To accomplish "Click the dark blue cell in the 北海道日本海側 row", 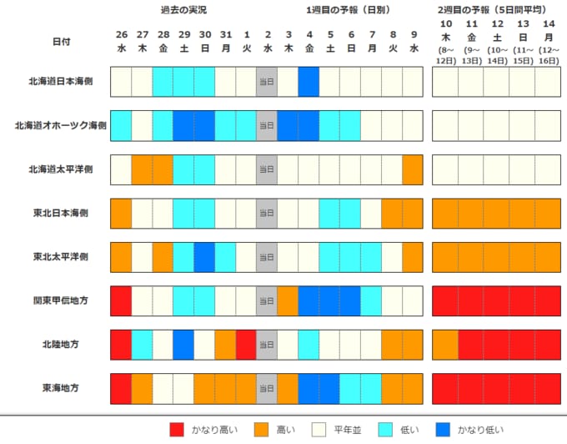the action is click(x=309, y=82).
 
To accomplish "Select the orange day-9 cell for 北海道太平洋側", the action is click(x=413, y=169).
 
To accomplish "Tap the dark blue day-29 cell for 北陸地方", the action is click(x=183, y=345).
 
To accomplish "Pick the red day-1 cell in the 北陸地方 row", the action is click(x=246, y=345).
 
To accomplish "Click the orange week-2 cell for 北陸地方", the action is click(x=445, y=345).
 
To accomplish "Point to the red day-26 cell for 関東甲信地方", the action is click(x=121, y=301).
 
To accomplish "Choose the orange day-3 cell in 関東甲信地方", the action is click(x=288, y=301).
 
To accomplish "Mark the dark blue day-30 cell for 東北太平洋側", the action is click(x=204, y=257).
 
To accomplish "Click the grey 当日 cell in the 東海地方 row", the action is click(x=267, y=389).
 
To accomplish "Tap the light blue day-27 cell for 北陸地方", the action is click(x=142, y=345).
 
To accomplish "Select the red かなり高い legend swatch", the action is click(x=177, y=430).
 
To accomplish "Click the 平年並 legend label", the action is click(x=348, y=430).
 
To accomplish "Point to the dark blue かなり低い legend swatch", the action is click(x=443, y=430).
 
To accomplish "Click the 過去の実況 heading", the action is click(x=183, y=10).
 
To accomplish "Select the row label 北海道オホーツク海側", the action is click(x=61, y=125).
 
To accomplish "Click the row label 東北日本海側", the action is click(x=61, y=213).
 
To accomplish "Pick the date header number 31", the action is click(x=226, y=35).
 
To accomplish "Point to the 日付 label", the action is click(x=62, y=42).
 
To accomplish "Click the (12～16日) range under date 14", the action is click(x=549, y=55).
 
